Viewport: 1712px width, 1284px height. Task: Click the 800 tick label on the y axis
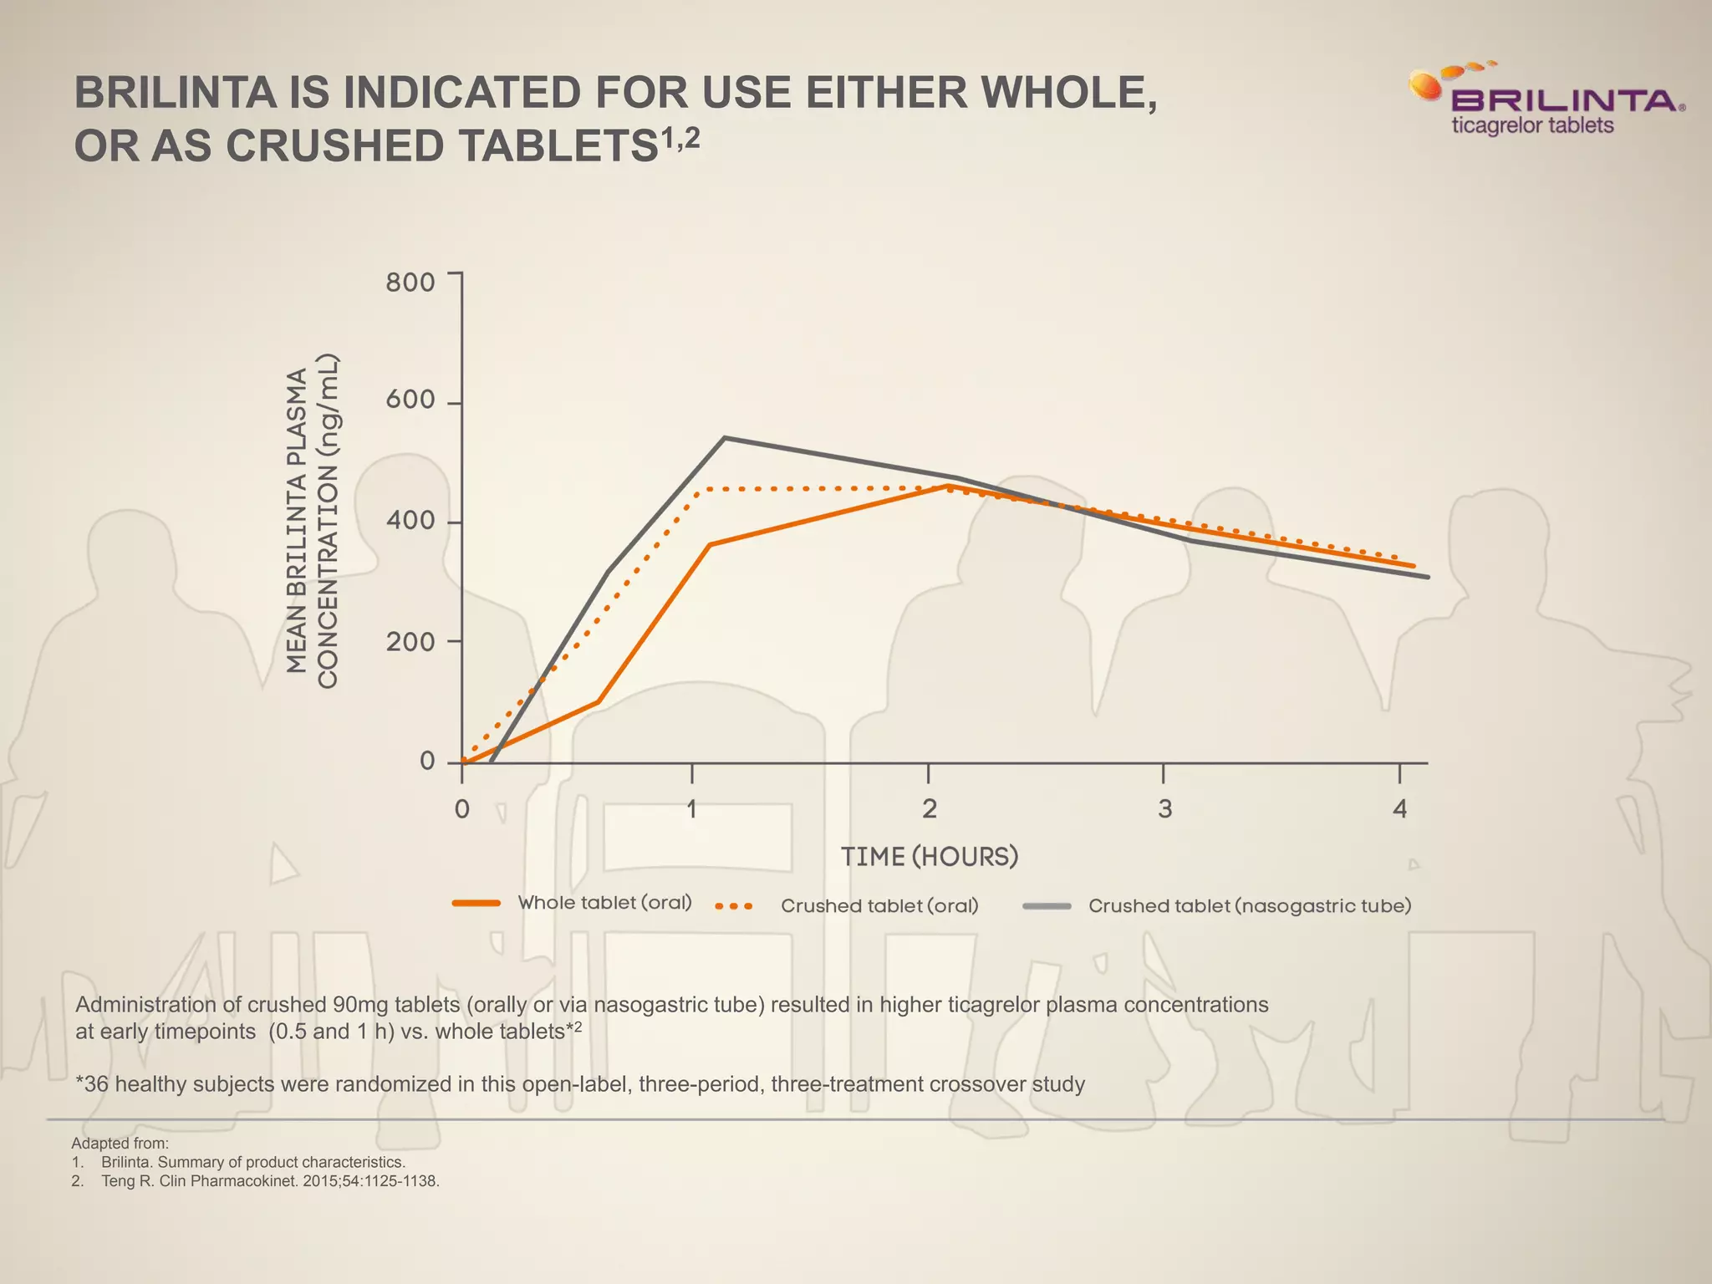point(410,283)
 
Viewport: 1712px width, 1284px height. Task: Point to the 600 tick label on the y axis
point(410,400)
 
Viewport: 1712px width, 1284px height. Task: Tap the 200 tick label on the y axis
point(410,642)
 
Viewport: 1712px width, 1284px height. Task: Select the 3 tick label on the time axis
point(1164,808)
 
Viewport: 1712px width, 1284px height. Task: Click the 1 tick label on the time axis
point(691,808)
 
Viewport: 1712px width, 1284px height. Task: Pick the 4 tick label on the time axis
point(1399,808)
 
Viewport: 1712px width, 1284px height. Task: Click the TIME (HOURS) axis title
point(929,857)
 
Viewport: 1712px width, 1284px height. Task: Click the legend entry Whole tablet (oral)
point(604,903)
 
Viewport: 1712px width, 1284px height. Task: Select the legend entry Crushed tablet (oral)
point(879,906)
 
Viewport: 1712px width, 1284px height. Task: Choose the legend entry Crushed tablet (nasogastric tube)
point(1249,906)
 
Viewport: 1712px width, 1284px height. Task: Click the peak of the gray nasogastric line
point(725,438)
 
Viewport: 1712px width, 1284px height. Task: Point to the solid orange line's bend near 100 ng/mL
point(598,701)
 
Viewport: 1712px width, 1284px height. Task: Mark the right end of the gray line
point(1427,577)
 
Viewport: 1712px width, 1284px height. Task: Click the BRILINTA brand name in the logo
point(1563,101)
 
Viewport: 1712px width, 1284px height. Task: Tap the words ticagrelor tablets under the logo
point(1531,126)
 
